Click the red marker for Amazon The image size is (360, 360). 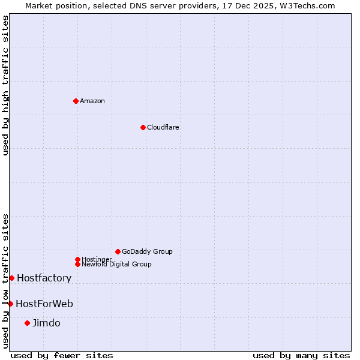tap(76, 101)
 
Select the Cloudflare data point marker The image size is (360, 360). tap(143, 127)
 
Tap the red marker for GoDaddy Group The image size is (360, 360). tap(118, 251)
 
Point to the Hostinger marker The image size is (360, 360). tap(77, 259)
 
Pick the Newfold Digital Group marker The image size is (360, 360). tap(77, 264)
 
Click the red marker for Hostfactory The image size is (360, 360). tap(11, 278)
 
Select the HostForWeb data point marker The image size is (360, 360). tap(10, 304)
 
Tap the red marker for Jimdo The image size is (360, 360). tap(27, 323)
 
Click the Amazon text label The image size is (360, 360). tap(92, 101)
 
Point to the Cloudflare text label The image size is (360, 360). tap(163, 127)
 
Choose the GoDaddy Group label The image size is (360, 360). tap(147, 251)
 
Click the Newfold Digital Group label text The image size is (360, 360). tap(117, 264)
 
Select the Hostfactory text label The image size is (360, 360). tap(44, 278)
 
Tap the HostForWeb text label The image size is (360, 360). tap(44, 304)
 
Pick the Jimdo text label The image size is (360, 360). tap(46, 323)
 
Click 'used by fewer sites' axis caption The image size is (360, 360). tap(62, 355)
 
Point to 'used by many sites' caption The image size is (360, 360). tap(301, 355)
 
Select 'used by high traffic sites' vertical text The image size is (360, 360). tap(5, 85)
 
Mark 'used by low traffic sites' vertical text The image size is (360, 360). tap(5, 280)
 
